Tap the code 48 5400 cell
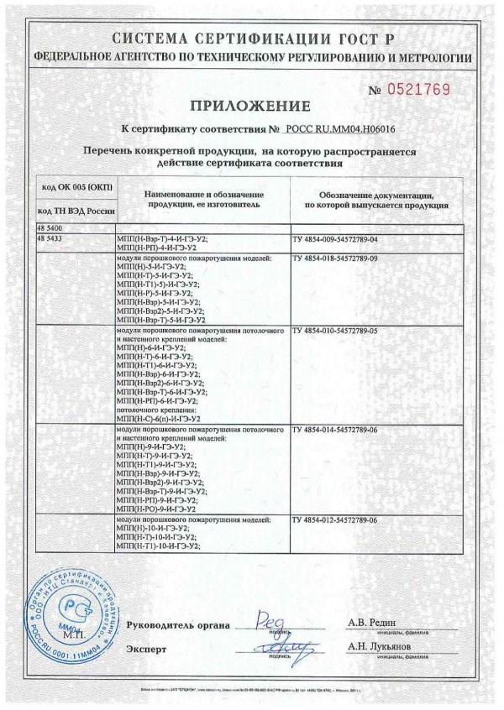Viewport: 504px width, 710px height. [x=51, y=228]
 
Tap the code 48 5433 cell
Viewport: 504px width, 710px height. [x=51, y=238]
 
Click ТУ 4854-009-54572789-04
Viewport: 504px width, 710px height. [x=334, y=239]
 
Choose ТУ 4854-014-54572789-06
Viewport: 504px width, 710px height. [x=334, y=430]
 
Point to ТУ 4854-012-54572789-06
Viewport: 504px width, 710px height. [x=334, y=520]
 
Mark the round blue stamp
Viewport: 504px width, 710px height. [x=70, y=603]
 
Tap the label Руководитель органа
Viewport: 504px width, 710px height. [x=179, y=626]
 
